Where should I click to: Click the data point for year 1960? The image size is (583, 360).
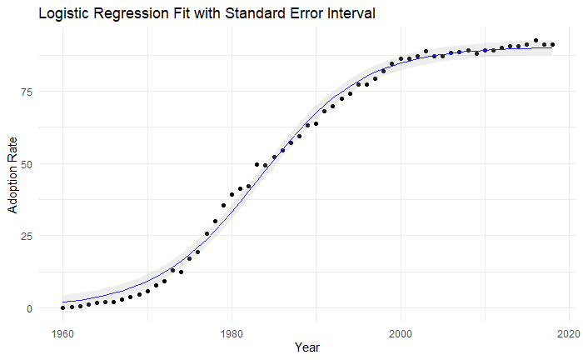click(62, 308)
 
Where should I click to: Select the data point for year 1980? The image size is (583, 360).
click(232, 194)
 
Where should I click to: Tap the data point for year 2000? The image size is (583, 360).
click(401, 59)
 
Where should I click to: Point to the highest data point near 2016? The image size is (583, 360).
click(536, 41)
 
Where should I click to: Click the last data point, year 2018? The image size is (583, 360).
click(552, 45)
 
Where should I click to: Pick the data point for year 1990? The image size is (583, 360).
click(316, 124)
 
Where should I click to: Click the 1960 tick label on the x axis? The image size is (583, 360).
click(62, 334)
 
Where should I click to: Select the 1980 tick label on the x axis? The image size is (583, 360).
click(232, 334)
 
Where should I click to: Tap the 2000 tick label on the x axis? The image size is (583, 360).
click(401, 334)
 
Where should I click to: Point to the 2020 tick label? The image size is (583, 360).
click(569, 334)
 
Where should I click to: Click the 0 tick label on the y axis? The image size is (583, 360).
click(29, 308)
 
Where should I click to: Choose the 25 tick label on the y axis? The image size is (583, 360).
click(27, 236)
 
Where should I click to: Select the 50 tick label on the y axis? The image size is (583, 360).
click(27, 164)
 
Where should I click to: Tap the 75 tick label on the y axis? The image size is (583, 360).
click(27, 92)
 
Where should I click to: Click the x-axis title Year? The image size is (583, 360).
click(307, 347)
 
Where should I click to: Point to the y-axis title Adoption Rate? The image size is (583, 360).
click(12, 176)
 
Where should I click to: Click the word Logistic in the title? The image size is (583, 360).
click(63, 13)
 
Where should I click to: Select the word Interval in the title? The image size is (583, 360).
click(351, 13)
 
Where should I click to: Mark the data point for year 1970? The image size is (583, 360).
click(147, 291)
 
